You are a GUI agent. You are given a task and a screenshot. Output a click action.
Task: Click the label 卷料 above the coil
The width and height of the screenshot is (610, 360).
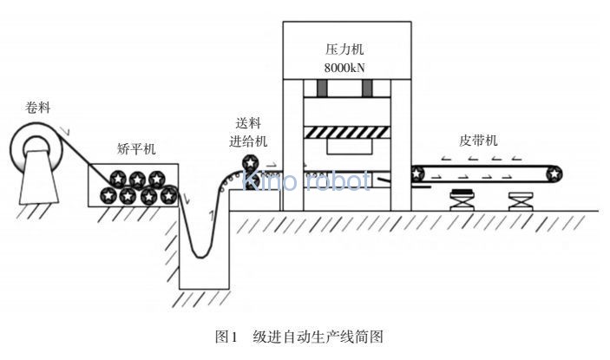coord(39,108)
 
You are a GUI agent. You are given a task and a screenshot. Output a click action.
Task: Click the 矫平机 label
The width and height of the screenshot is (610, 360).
coord(135,148)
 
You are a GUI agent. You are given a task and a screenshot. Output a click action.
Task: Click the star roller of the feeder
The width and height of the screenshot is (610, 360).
coord(251,163)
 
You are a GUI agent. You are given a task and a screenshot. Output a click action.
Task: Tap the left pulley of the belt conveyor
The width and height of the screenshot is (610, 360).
coord(419,173)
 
